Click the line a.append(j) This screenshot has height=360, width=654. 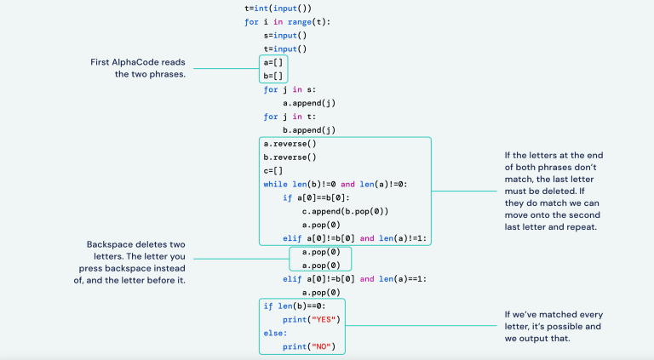click(x=309, y=103)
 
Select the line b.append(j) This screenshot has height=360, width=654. click(x=309, y=130)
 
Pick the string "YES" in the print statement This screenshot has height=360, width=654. click(x=325, y=319)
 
